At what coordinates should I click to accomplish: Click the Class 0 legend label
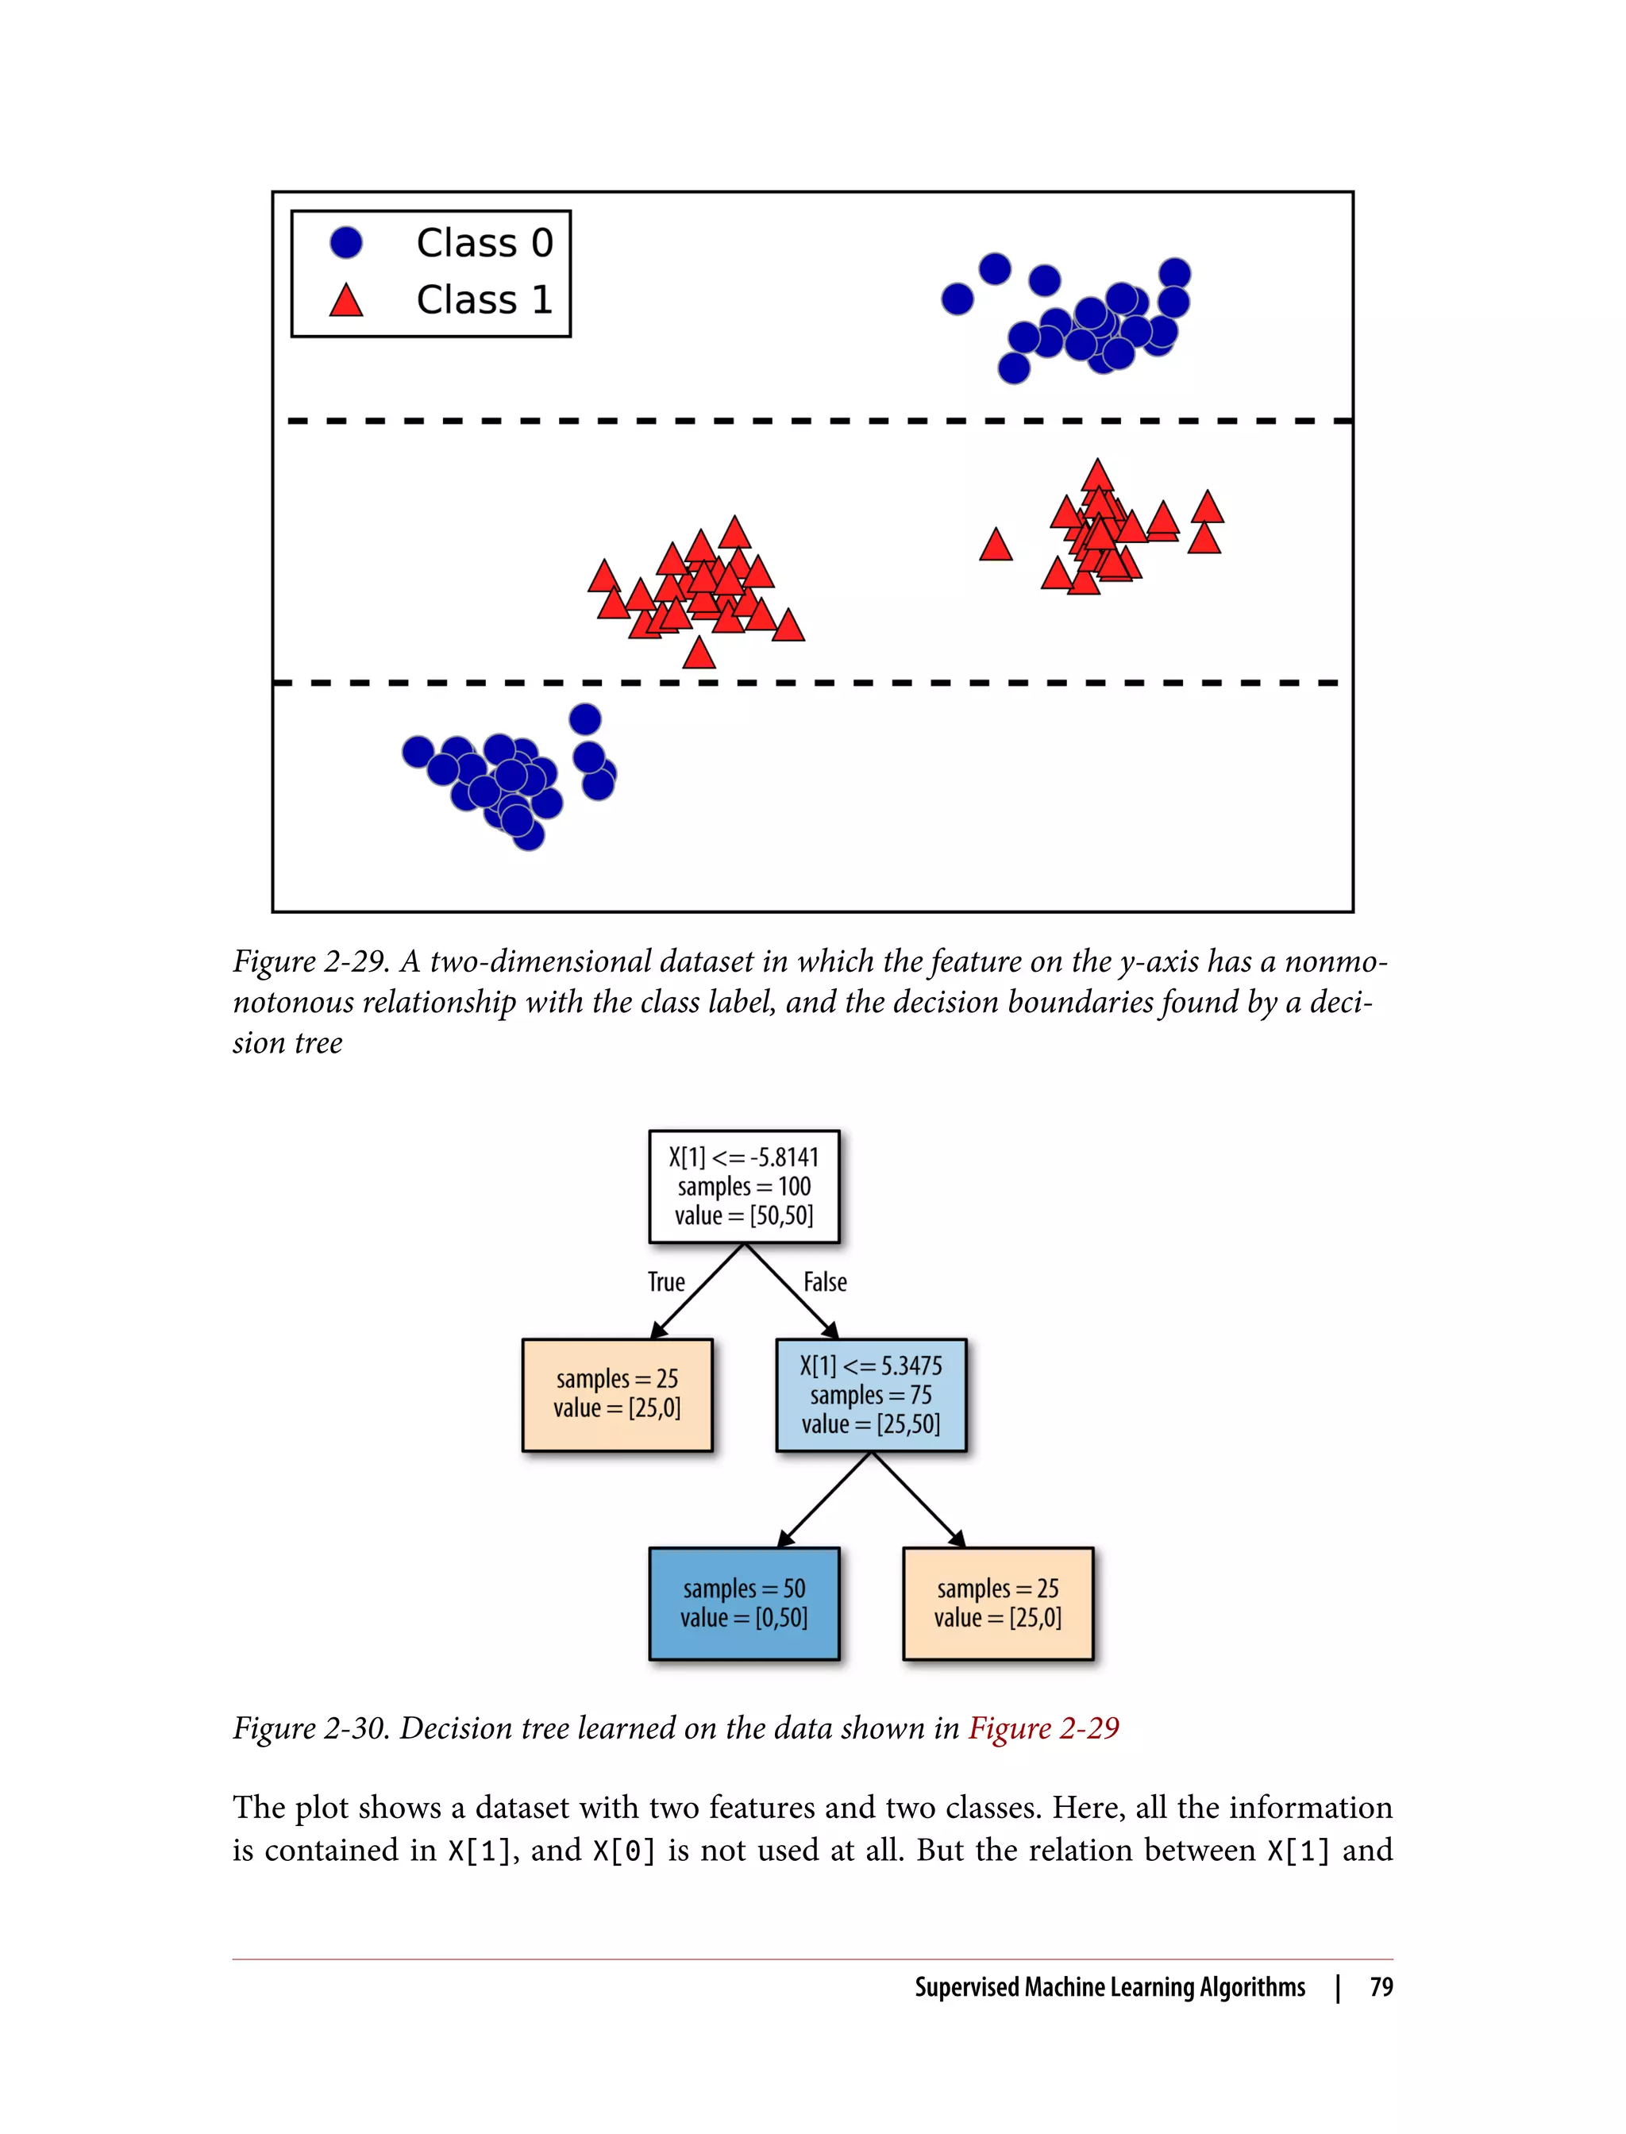(x=484, y=243)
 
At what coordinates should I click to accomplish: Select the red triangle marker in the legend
(x=345, y=301)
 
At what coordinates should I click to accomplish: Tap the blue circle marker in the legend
(x=345, y=243)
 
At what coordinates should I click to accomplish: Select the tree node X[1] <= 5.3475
(x=870, y=1395)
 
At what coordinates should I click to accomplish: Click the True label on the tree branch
(x=666, y=1282)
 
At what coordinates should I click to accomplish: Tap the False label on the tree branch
(x=825, y=1282)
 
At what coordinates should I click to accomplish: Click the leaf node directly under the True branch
(x=617, y=1395)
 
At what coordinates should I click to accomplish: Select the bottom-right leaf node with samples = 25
(x=997, y=1604)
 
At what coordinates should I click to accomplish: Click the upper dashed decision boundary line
(x=813, y=421)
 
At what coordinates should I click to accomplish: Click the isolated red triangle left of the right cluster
(x=995, y=547)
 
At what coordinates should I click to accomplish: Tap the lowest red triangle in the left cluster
(x=699, y=655)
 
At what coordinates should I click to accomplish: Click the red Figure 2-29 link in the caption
(x=1043, y=1728)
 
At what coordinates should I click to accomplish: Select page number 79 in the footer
(x=1381, y=1987)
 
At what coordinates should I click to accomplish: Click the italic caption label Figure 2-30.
(x=310, y=1728)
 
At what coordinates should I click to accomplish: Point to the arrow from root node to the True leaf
(x=697, y=1291)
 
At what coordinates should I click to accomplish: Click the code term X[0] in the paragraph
(x=624, y=1851)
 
